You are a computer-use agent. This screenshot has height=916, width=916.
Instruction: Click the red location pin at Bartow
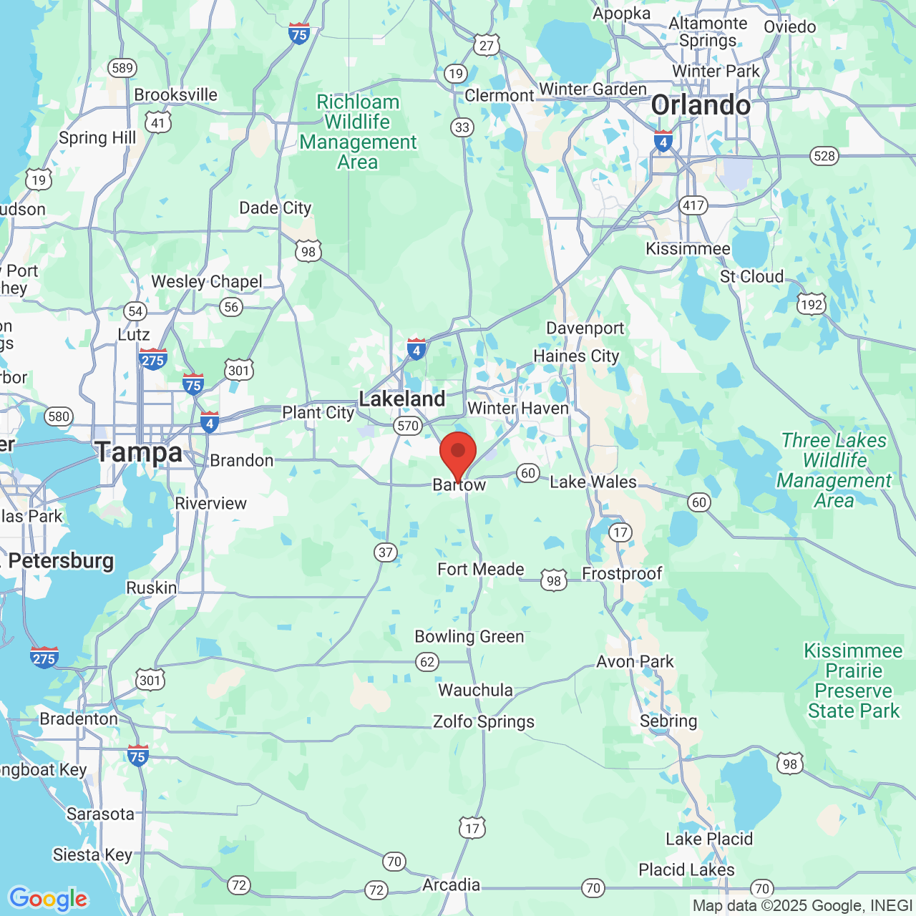[458, 453]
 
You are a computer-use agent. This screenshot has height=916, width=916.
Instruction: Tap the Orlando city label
[701, 105]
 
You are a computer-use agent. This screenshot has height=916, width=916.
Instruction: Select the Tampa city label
[139, 452]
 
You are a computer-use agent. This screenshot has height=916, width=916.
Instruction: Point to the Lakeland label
[402, 399]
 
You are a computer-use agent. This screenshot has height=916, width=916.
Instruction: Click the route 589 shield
[122, 68]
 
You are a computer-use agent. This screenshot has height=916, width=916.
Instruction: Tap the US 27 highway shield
[487, 46]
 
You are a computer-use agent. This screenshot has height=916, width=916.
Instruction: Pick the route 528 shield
[824, 156]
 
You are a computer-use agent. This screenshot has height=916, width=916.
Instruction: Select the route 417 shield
[693, 205]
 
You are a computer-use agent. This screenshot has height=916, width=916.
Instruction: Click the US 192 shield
[812, 305]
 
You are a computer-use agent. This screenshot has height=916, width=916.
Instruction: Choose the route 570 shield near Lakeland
[407, 426]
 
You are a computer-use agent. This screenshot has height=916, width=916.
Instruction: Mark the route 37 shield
[386, 552]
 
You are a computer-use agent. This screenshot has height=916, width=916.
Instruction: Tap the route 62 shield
[427, 661]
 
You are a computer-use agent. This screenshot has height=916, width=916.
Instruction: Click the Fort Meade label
[481, 569]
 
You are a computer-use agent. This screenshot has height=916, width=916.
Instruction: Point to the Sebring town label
[668, 721]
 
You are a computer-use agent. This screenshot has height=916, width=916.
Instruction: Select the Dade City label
[276, 208]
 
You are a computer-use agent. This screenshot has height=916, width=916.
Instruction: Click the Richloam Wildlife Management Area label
[358, 132]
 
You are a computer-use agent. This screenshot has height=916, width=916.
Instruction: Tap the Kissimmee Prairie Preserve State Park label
[853, 681]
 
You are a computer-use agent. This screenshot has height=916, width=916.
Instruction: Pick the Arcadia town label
[451, 885]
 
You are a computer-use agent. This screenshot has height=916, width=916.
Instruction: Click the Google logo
[49, 899]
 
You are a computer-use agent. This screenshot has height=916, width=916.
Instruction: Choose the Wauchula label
[475, 690]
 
